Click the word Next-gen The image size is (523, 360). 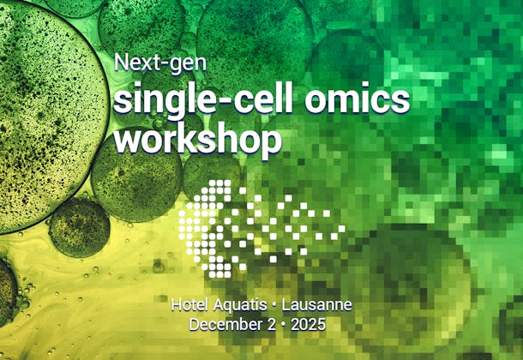pos(160,63)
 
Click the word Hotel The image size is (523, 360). pos(188,305)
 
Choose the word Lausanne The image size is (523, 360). pos(316,305)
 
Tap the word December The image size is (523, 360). pos(225,325)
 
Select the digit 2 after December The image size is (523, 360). pos(270,325)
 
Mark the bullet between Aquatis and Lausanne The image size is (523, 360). pos(274,305)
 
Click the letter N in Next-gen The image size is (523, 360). pos(121,63)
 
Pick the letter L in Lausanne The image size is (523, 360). pos(286,305)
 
